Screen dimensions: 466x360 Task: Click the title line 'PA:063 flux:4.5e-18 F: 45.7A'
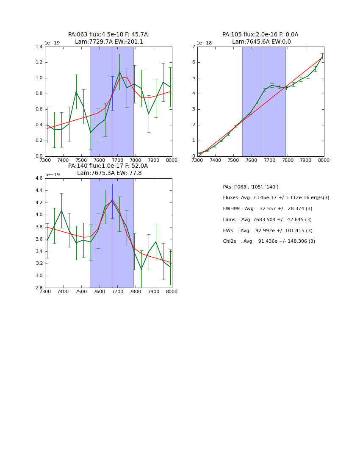tap(108, 35)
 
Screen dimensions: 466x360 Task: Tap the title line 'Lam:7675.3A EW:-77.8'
tap(109, 173)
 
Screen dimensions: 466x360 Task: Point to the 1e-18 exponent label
tap(205, 43)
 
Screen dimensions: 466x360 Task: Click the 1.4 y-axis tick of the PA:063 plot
tap(39, 47)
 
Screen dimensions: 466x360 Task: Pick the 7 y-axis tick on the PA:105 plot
tap(193, 47)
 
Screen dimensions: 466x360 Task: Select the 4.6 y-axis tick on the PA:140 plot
tap(39, 178)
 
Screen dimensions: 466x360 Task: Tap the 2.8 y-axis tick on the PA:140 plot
tap(39, 288)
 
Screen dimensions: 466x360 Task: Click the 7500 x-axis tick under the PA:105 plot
tap(233, 161)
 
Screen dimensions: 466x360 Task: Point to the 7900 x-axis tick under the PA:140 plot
tap(154, 292)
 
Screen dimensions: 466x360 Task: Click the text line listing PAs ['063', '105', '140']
tap(251, 187)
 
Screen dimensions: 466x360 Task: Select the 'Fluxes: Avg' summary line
tap(276, 198)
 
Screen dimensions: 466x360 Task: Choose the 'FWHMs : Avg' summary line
tap(267, 208)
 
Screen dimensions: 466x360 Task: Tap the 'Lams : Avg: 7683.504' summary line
tap(267, 219)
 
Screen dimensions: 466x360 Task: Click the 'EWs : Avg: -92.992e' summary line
tap(267, 230)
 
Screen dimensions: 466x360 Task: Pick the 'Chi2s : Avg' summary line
tap(269, 241)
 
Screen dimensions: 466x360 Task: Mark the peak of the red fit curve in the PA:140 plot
tap(112, 199)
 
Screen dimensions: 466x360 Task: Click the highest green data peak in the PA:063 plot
tap(119, 72)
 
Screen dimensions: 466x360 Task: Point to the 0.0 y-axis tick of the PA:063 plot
tap(39, 156)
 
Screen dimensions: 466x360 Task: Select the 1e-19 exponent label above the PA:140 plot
tap(52, 175)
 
